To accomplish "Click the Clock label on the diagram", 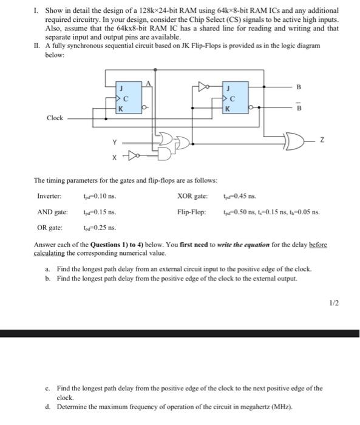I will (x=55, y=118).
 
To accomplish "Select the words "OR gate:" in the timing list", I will (x=48, y=228).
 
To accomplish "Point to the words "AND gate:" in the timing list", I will (x=50, y=212).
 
